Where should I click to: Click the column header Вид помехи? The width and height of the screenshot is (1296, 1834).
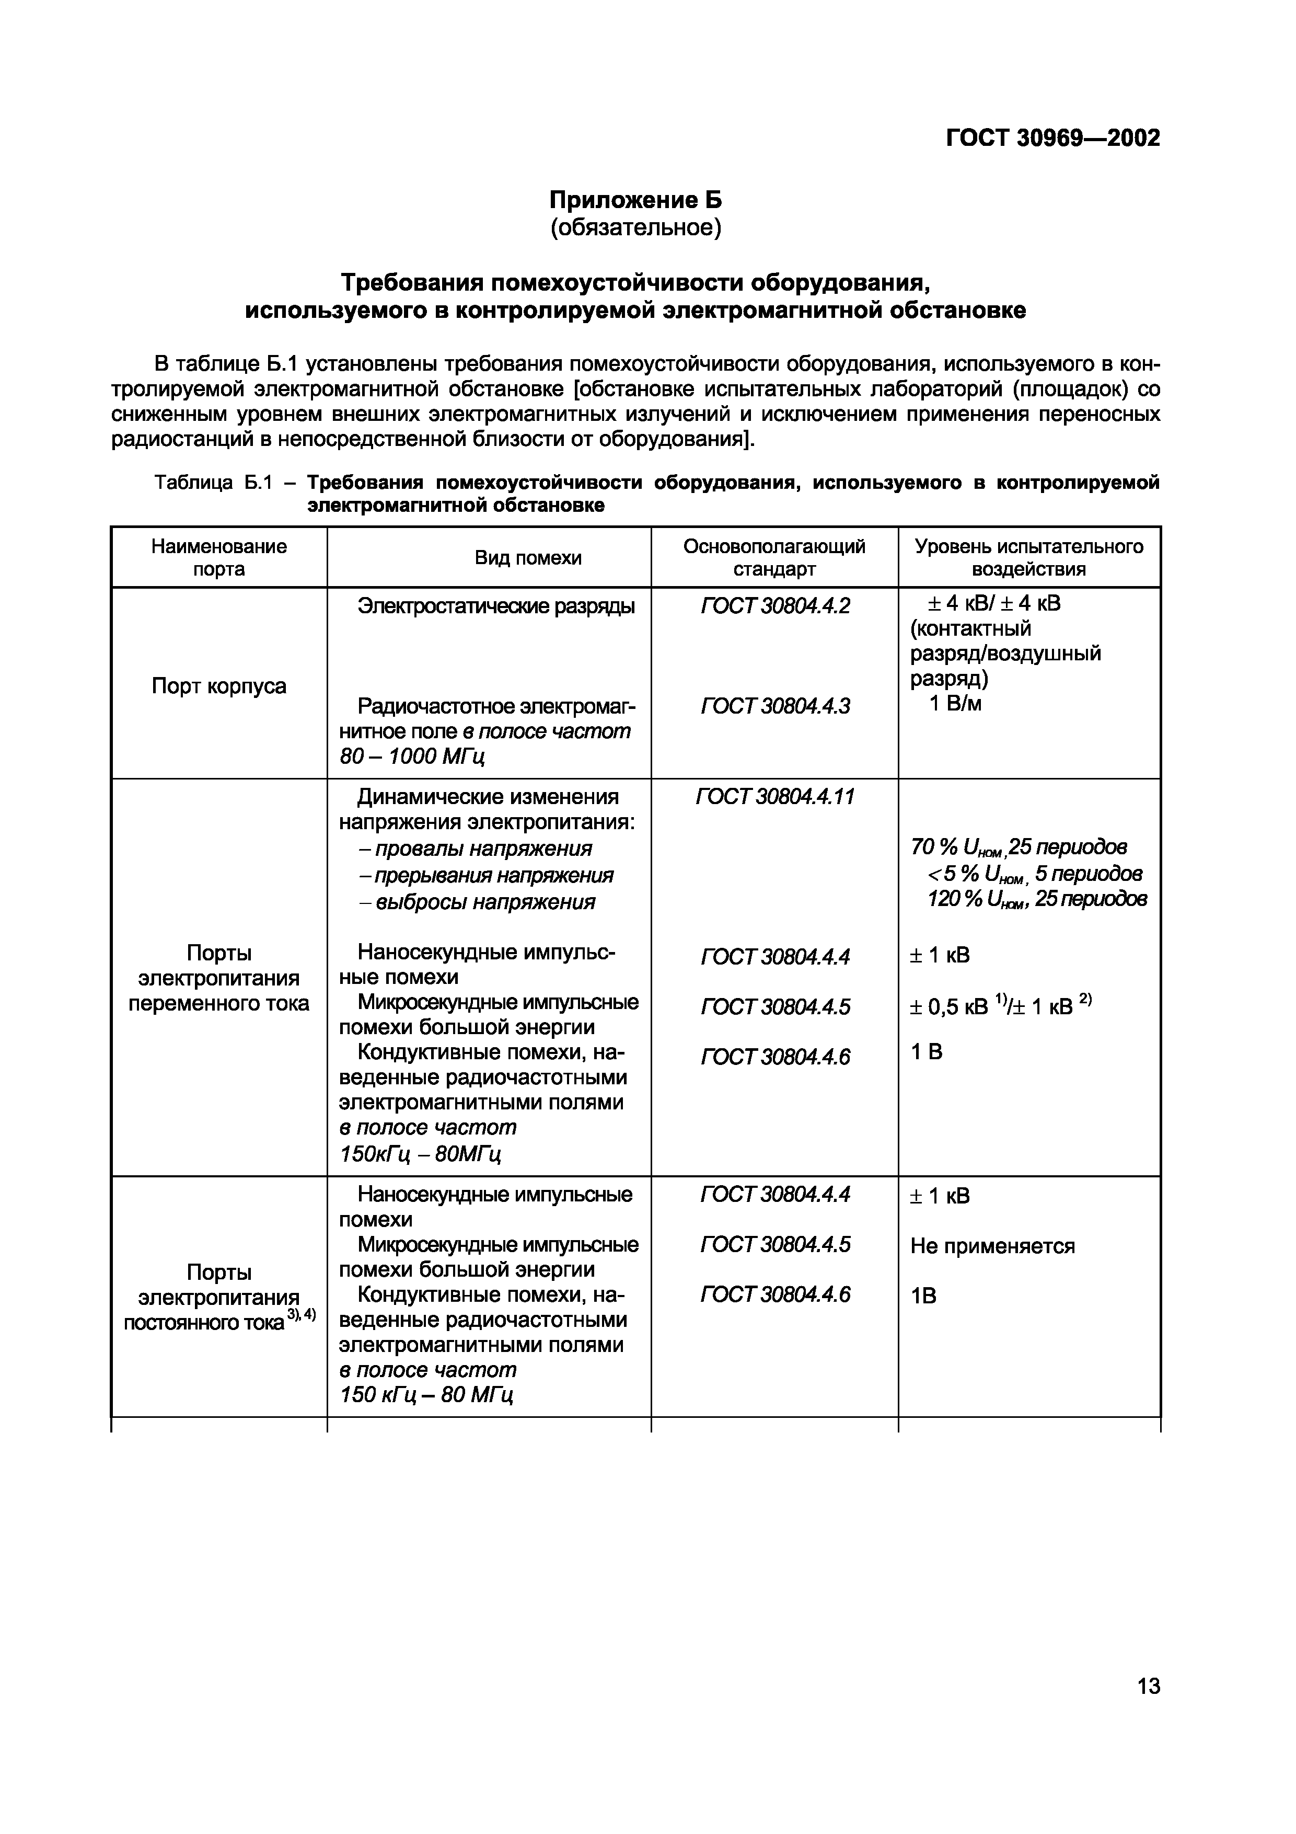tap(528, 557)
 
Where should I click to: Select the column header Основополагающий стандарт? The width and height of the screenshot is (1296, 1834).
tap(774, 557)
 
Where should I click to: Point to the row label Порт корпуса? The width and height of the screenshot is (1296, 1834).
tap(219, 686)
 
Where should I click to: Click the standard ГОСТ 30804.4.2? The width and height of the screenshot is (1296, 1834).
tap(774, 606)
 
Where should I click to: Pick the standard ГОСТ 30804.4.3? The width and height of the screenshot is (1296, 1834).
tap(774, 706)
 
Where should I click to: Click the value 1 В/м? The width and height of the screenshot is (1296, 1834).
tap(955, 704)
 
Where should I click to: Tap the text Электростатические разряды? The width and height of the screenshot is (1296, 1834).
tap(496, 606)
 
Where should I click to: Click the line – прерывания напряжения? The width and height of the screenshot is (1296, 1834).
tap(485, 876)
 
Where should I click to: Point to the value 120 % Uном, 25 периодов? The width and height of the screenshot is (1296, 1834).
tap(1036, 899)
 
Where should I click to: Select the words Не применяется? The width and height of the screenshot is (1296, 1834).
tap(992, 1246)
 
